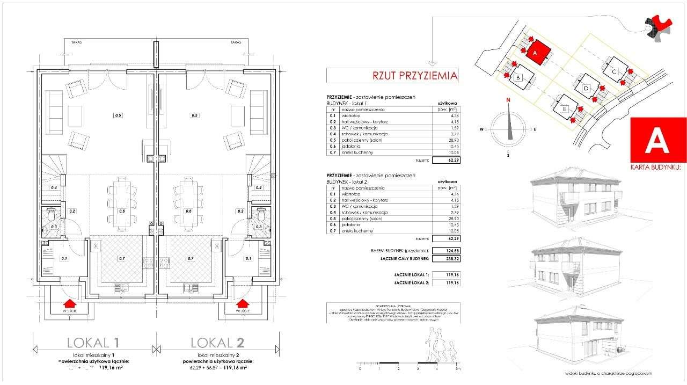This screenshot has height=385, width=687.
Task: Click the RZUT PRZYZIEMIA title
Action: (x=415, y=76)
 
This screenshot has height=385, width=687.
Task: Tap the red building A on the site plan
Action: (x=539, y=53)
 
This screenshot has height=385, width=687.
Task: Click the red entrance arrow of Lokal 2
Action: (x=243, y=305)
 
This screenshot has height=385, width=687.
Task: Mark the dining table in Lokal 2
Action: (x=188, y=202)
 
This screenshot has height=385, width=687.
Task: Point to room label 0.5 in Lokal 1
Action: (x=118, y=115)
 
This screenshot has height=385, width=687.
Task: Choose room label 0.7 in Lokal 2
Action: (x=190, y=259)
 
